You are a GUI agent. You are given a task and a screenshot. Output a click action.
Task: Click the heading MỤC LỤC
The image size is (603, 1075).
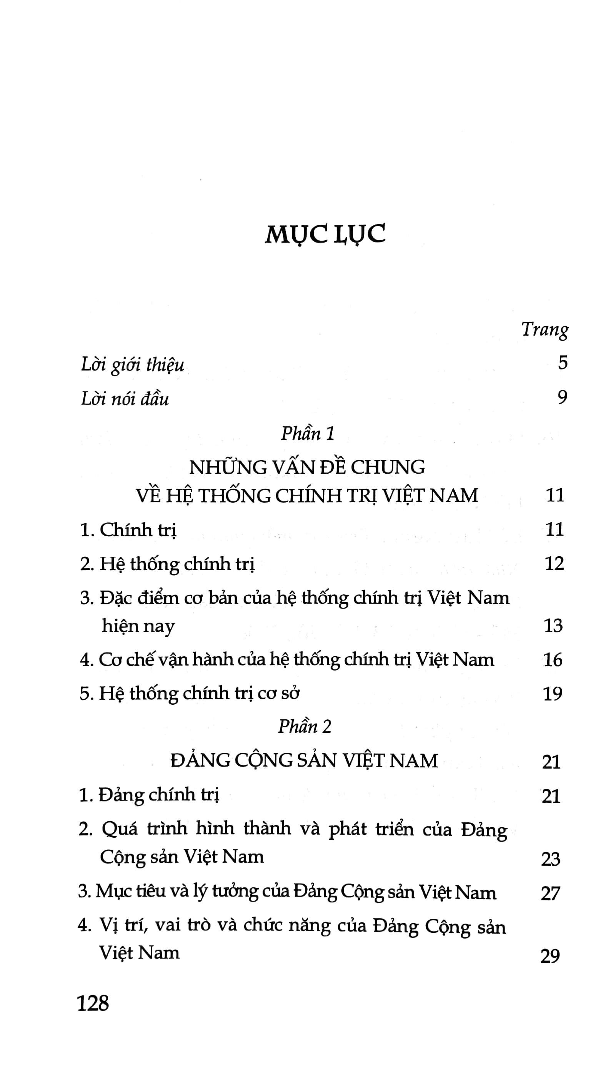(325, 234)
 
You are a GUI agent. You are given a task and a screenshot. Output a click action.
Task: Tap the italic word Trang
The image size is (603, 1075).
(545, 329)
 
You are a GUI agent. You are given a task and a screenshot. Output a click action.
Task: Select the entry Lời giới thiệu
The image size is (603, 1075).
(132, 364)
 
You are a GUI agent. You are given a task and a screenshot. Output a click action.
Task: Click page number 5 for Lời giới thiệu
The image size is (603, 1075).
(563, 363)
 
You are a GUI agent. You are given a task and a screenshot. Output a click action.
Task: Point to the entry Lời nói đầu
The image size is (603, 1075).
(125, 399)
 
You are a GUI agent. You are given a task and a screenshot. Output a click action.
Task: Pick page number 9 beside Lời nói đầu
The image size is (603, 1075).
(563, 397)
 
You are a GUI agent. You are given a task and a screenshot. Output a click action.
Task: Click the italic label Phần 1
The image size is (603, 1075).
(308, 434)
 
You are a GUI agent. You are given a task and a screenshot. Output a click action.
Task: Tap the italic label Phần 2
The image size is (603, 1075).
(305, 727)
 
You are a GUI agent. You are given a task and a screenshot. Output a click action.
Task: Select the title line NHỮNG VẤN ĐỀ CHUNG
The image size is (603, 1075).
(307, 467)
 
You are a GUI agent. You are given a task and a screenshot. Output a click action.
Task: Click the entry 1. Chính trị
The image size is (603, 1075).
(128, 530)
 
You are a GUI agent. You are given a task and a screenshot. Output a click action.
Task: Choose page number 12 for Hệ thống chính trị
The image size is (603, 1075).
(554, 563)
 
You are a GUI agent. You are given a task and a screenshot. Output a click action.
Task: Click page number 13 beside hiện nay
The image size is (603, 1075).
(553, 626)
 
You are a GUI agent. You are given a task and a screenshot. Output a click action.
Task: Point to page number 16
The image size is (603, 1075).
(553, 660)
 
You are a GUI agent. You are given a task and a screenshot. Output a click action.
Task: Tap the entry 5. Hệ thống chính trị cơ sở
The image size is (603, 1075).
(190, 694)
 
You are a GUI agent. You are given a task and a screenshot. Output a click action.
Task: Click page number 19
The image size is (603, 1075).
(553, 694)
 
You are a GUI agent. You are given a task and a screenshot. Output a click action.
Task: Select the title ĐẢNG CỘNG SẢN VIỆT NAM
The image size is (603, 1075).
(304, 760)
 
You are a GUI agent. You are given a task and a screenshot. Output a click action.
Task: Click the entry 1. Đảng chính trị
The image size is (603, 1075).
(148, 795)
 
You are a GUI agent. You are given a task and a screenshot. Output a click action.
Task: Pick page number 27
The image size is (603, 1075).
(550, 894)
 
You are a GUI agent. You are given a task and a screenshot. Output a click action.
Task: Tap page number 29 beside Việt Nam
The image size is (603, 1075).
(550, 956)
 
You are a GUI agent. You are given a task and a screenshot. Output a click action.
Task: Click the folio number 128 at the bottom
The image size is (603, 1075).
(93, 1003)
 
